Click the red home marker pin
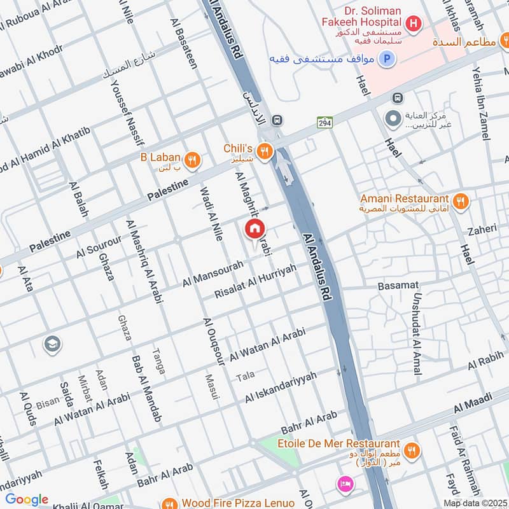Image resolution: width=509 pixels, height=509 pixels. [254, 229]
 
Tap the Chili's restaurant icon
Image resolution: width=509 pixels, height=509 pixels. [266, 151]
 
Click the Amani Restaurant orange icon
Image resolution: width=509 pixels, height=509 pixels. [461, 202]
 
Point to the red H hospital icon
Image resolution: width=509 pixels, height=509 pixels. [414, 24]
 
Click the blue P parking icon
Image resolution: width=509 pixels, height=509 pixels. [386, 60]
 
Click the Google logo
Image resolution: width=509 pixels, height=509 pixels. [27, 499]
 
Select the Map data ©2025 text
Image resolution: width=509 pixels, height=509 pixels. [475, 503]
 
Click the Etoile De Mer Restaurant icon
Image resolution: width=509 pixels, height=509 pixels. [412, 450]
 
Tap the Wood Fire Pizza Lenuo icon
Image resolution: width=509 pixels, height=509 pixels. [169, 503]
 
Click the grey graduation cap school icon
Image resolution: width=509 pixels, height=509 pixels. [52, 344]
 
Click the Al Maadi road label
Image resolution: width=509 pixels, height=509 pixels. [473, 405]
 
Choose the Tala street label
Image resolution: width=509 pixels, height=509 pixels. [245, 377]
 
